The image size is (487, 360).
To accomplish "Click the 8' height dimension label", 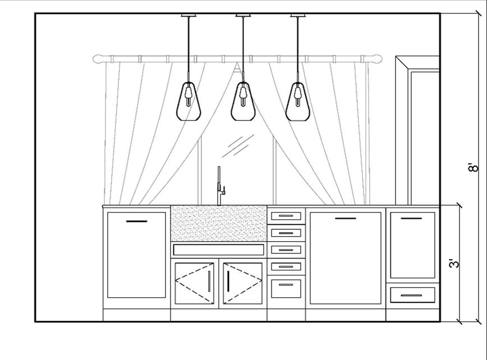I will tap(475, 167).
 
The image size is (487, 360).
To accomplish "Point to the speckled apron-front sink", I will tap(218, 223).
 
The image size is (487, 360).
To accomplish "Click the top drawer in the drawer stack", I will tap(286, 216).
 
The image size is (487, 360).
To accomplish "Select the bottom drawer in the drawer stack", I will tap(286, 287).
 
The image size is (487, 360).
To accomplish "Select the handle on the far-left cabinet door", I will tap(136, 221).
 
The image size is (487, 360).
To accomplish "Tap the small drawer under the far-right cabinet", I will tap(413, 295).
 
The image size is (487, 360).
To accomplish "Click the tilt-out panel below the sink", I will tap(218, 250).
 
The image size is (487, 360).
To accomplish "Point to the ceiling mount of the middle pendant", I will tap(242, 15).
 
